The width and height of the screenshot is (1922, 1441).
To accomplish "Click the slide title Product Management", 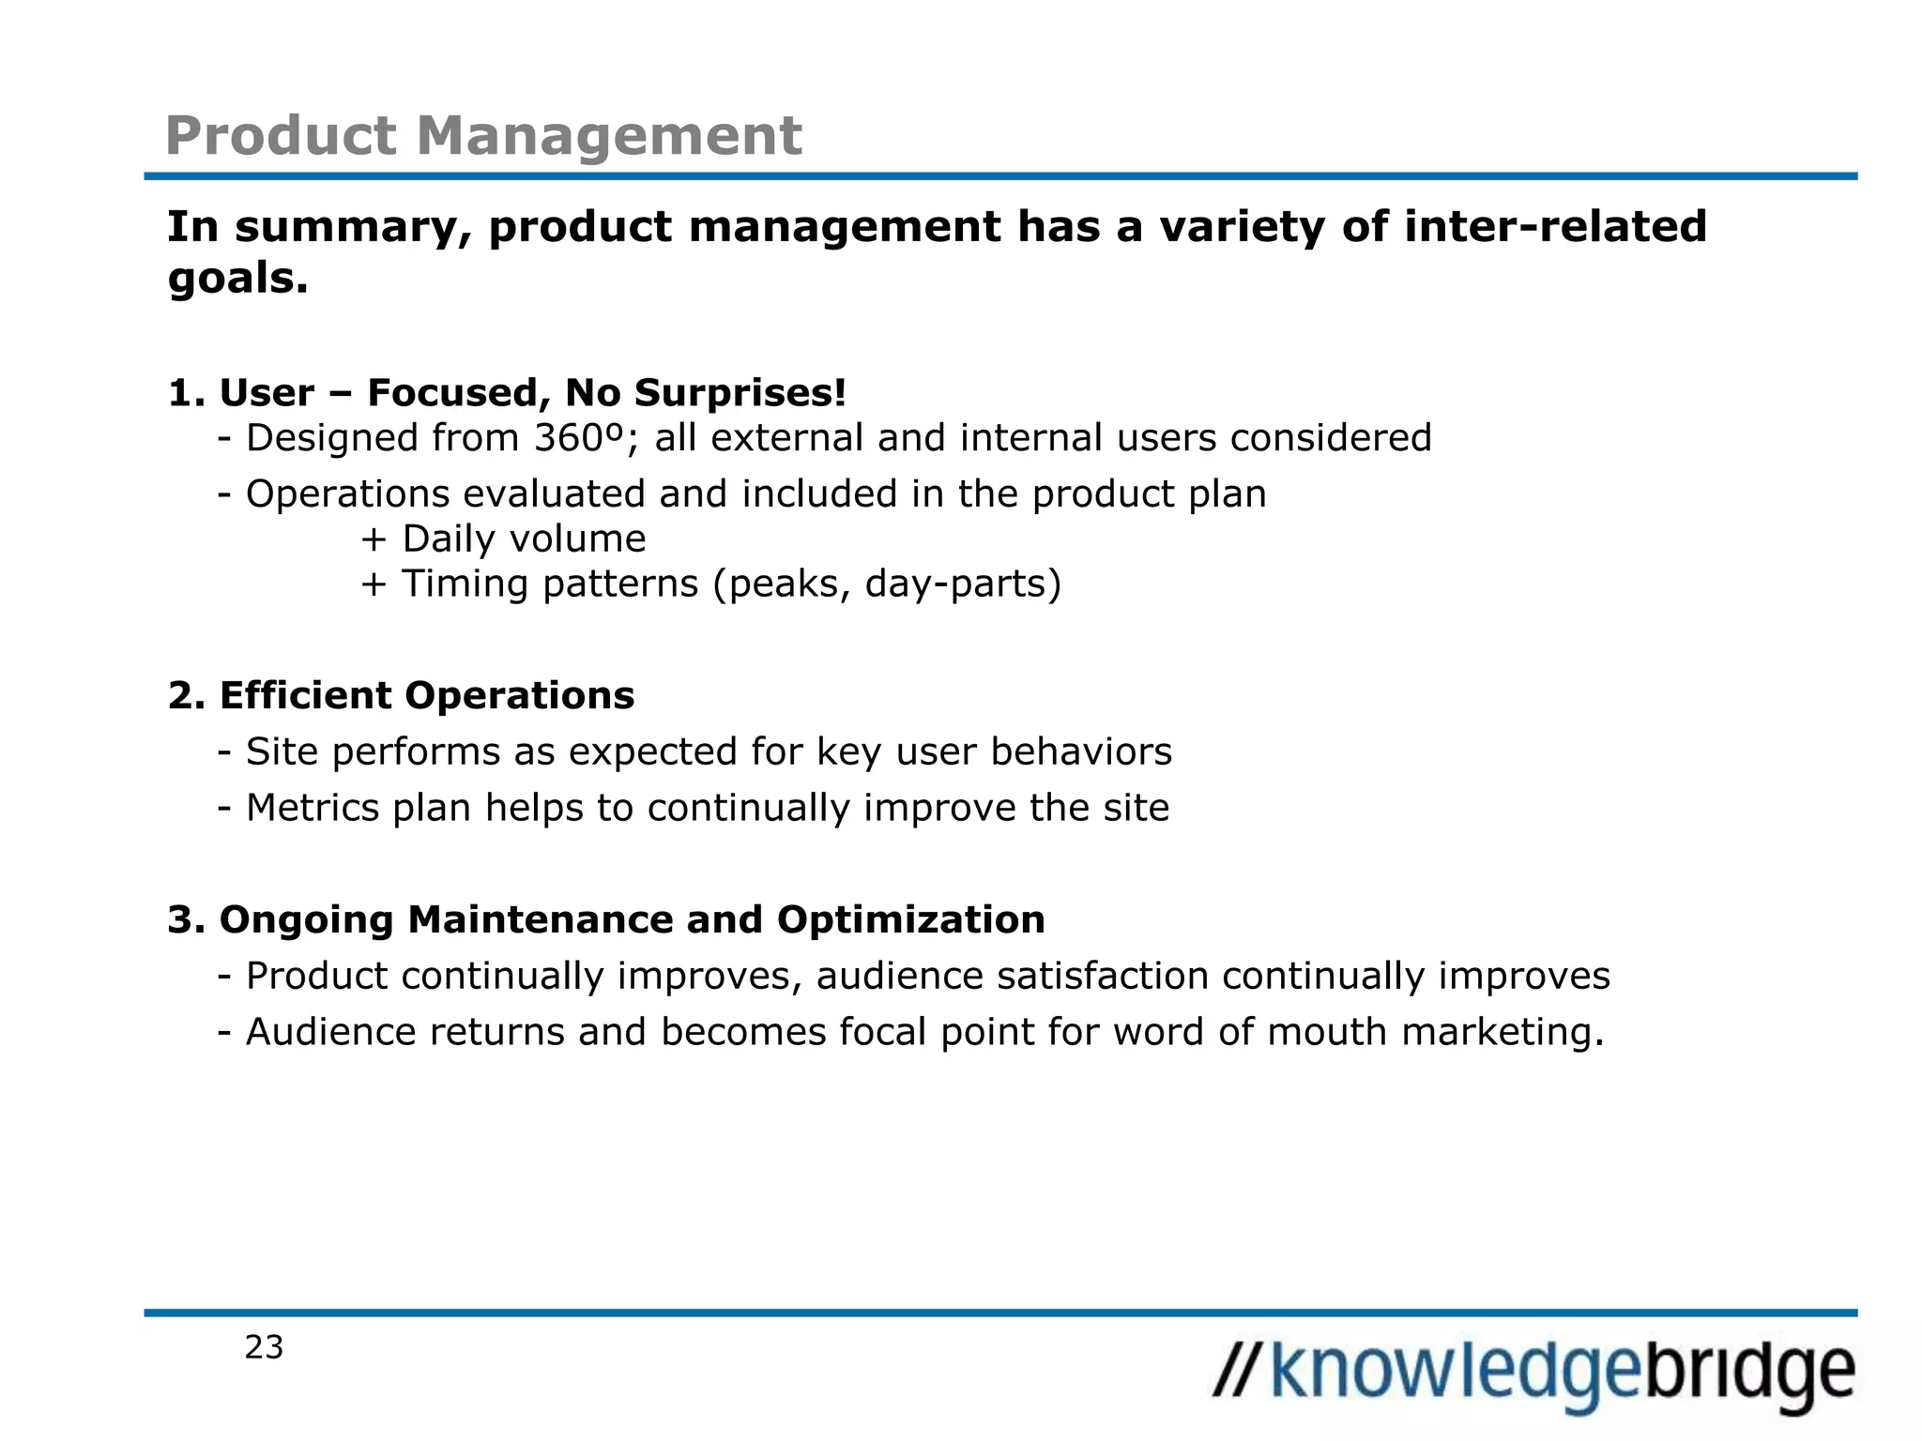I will tap(483, 135).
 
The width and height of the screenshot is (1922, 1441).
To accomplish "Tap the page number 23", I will tap(264, 1347).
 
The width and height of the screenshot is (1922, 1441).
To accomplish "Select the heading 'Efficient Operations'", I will tap(426, 695).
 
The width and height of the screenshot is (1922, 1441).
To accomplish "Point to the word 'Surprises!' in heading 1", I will tap(740, 392).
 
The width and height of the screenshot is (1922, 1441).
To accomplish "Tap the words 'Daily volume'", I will tap(524, 538).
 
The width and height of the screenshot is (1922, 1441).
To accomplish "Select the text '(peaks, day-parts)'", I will tap(887, 584).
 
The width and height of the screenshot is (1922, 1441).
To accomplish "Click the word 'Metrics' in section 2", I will tap(313, 808).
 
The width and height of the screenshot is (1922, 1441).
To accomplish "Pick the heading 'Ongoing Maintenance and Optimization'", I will tap(632, 919).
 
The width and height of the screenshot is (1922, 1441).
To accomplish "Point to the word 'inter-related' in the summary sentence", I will tap(1555, 227).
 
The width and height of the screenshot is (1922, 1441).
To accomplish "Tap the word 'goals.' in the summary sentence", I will tap(238, 279).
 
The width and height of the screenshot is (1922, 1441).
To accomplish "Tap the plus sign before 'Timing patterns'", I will tap(374, 584).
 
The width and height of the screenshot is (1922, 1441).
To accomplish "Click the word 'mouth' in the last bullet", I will tap(1327, 1032).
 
